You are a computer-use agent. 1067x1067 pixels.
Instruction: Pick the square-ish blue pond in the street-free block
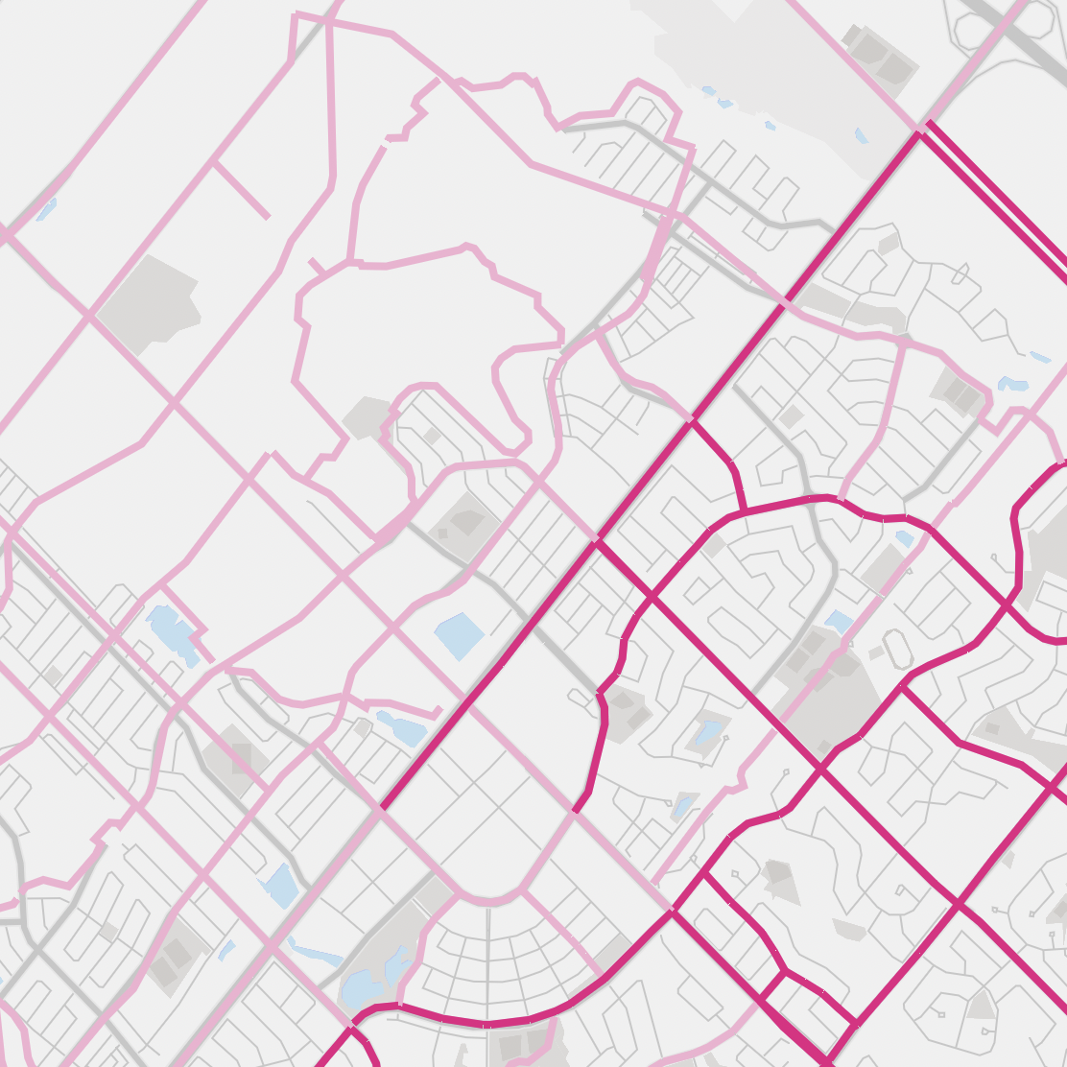point(460,635)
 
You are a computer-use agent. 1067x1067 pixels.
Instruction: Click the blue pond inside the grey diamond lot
point(708,734)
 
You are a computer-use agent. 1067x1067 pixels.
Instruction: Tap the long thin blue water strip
point(317,954)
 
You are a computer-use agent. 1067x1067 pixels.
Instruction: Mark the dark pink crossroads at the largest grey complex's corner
point(821,768)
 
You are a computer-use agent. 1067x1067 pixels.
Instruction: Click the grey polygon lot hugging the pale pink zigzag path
point(364,416)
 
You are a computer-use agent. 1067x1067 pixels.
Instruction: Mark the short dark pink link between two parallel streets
point(771,984)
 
